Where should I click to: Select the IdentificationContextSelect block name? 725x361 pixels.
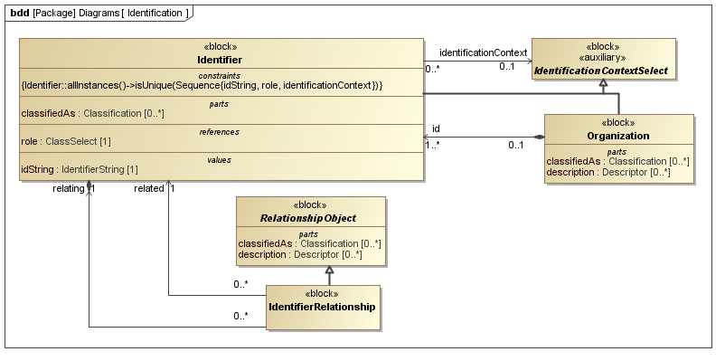(601, 70)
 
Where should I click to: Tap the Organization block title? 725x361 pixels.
(617, 136)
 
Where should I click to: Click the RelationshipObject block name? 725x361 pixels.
(309, 218)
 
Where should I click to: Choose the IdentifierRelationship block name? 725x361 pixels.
(322, 307)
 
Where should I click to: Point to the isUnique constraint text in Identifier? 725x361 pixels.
(202, 84)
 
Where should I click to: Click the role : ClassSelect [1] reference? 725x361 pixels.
(66, 141)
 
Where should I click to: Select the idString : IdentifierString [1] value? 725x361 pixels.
(79, 169)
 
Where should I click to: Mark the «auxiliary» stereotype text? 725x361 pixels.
(600, 57)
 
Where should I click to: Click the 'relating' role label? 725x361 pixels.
(68, 188)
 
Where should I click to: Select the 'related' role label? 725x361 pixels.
(148, 188)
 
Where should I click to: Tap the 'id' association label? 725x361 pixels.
(436, 128)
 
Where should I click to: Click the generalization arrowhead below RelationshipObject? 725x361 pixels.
(330, 271)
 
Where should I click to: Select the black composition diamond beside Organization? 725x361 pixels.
(539, 137)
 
